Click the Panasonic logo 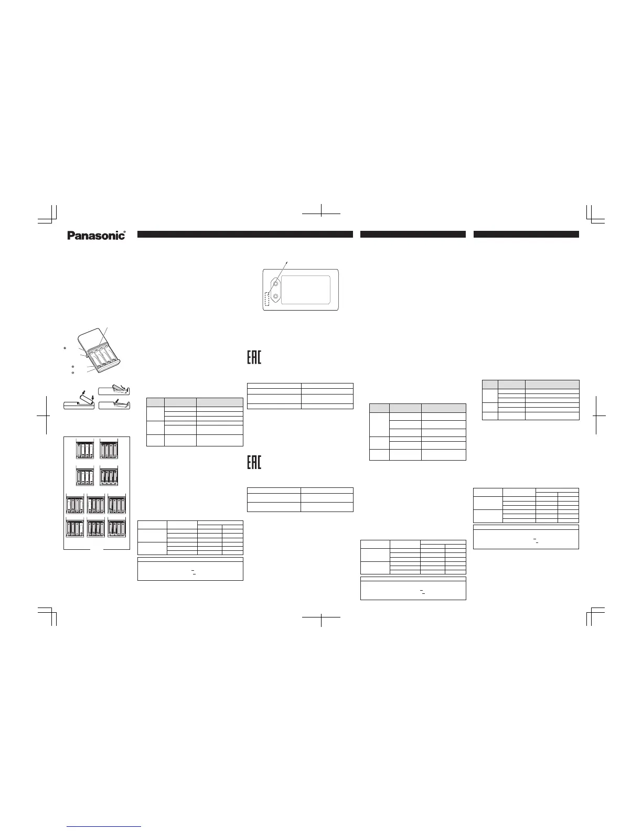coord(96,236)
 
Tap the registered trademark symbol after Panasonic coord(125,231)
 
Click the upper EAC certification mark coord(254,358)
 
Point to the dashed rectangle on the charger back coord(268,299)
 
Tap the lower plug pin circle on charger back coord(275,296)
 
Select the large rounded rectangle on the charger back coord(306,290)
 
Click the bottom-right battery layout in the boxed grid coord(117,528)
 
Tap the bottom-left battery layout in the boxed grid coord(76,528)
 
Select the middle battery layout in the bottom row coord(97,528)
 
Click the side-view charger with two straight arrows coord(79,404)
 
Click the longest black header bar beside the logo coord(245,235)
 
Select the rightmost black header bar coord(526,235)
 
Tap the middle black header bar coord(413,235)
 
